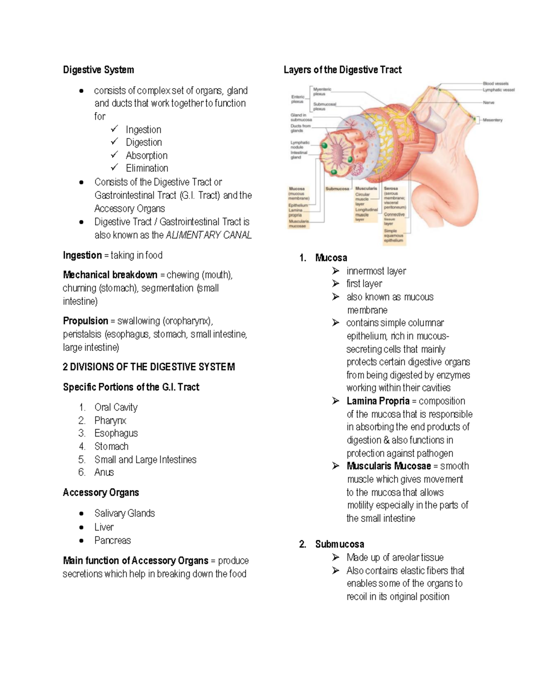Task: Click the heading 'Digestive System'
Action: [98, 70]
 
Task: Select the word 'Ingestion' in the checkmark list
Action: [143, 130]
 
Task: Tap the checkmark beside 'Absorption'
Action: [115, 155]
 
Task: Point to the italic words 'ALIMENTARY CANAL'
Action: [209, 235]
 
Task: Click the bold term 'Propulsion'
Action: [85, 321]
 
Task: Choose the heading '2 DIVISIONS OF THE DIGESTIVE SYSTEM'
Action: [149, 367]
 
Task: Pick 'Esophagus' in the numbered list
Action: [116, 433]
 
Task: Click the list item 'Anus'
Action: [104, 472]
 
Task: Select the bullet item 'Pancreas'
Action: [113, 540]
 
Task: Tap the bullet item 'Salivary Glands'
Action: [125, 513]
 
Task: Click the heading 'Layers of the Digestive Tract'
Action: [343, 70]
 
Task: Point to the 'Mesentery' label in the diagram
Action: [492, 120]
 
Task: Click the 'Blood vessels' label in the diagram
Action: [495, 84]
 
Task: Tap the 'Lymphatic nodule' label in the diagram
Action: [300, 145]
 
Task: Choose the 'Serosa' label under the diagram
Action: [391, 189]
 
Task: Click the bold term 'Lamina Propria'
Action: [378, 401]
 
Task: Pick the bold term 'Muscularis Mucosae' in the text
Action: [389, 466]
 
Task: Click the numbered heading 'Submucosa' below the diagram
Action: [339, 544]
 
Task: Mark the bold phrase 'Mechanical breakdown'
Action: [110, 275]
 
